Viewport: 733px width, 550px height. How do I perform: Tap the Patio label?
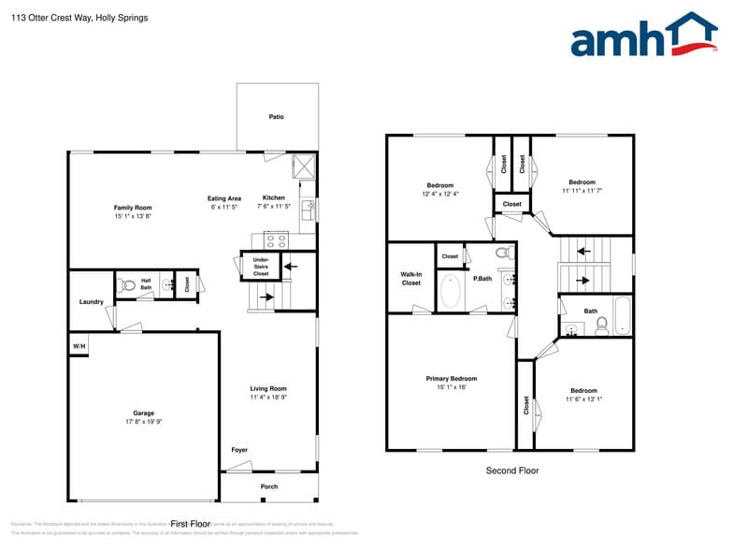(276, 117)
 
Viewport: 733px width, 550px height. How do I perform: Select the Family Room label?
(133, 208)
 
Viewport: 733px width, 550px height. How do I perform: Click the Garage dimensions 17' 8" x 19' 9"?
(143, 422)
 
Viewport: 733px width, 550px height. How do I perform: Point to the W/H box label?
(79, 347)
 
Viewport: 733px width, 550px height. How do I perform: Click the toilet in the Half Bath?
(126, 284)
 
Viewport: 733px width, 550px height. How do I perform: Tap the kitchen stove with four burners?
(276, 240)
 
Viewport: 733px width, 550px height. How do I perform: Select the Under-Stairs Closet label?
(261, 267)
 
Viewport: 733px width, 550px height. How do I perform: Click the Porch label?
(269, 486)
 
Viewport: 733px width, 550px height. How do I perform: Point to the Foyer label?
(239, 450)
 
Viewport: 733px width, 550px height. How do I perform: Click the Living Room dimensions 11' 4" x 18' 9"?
(268, 398)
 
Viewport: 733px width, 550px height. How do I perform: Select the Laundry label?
(91, 302)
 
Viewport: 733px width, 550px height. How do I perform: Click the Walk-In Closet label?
(410, 279)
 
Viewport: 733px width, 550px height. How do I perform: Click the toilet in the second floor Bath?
(601, 325)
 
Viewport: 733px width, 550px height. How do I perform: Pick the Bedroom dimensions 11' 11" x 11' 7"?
(582, 191)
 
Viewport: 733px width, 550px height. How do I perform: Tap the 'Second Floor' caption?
(511, 470)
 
